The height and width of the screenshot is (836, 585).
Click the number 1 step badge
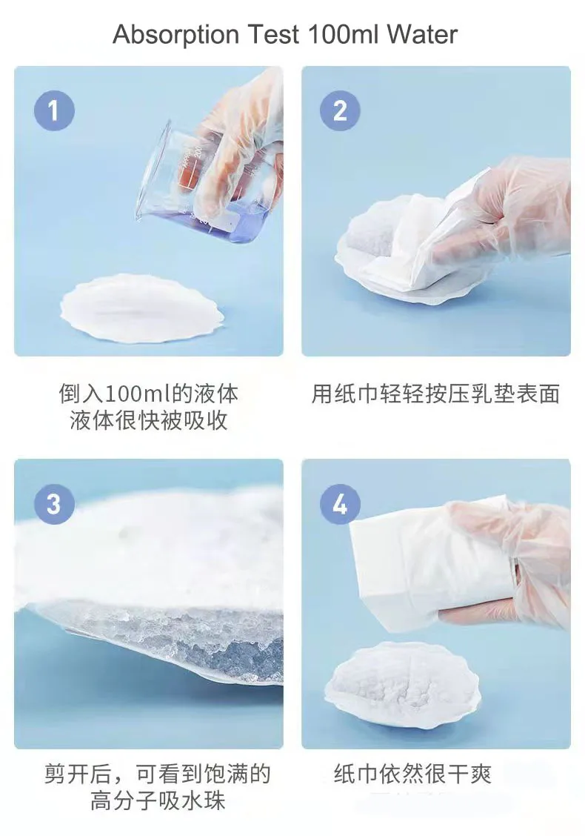(53, 111)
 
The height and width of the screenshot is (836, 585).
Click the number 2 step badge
(340, 111)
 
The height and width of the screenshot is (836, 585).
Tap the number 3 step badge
(53, 504)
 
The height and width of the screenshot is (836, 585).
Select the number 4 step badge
(340, 504)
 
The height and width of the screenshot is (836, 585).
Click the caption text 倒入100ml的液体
(148, 393)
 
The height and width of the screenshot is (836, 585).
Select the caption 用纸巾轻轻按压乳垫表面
(435, 394)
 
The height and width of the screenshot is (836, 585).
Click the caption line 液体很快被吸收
(148, 420)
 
